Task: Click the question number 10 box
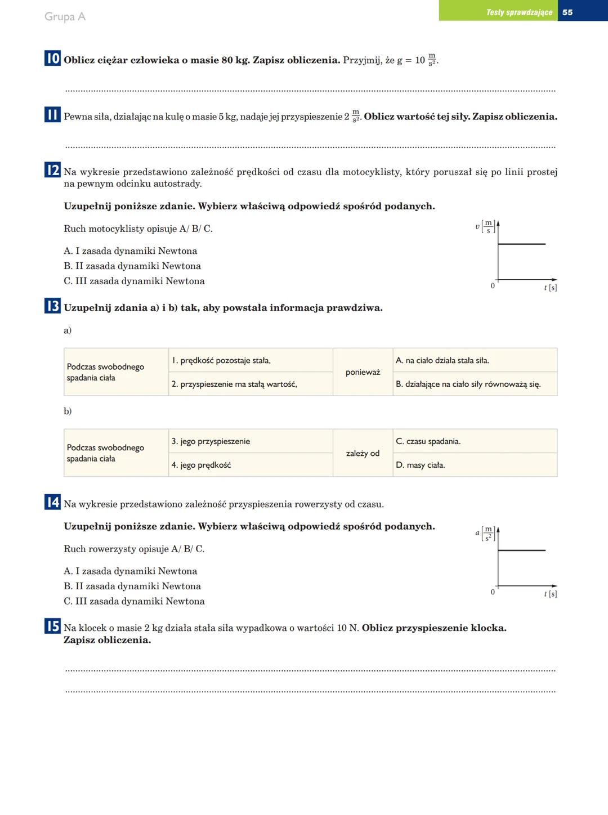(x=52, y=58)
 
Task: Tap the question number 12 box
(x=52, y=170)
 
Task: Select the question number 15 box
(x=52, y=626)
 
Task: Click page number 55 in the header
(x=567, y=12)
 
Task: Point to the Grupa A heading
(x=65, y=17)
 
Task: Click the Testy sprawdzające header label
(x=519, y=12)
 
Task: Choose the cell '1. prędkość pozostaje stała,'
(x=251, y=360)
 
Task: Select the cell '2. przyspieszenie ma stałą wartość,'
(x=251, y=384)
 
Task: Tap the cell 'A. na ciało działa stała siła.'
(x=475, y=360)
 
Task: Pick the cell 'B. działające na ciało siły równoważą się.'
(x=475, y=384)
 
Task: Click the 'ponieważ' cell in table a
(x=363, y=372)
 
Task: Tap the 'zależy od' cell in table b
(x=363, y=453)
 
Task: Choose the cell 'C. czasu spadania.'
(x=475, y=441)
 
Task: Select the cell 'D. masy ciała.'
(x=475, y=465)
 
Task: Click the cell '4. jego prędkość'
(x=251, y=465)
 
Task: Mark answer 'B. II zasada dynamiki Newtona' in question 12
(x=132, y=266)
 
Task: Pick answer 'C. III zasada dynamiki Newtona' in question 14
(x=134, y=601)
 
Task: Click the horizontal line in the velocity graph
(x=522, y=244)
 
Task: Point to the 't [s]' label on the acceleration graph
(x=550, y=594)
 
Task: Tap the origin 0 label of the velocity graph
(x=493, y=286)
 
